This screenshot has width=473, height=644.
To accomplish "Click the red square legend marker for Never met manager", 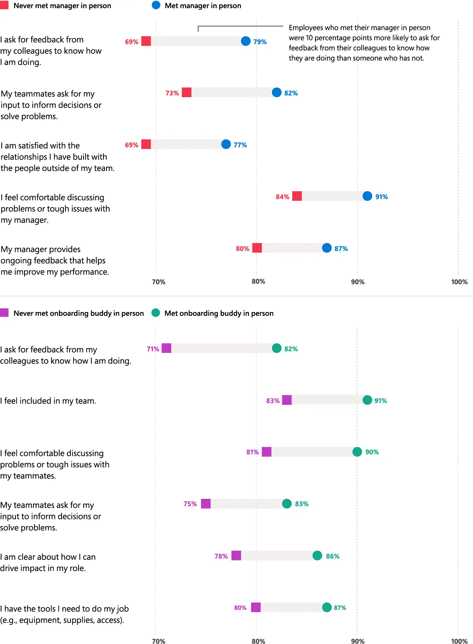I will pos(4,5).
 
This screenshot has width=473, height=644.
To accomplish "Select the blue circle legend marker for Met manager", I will pos(156,5).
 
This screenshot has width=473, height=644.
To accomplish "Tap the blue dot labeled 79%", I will pos(246,41).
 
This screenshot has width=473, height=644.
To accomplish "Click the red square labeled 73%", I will pos(187,92).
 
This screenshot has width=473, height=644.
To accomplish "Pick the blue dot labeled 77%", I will pos(226,144).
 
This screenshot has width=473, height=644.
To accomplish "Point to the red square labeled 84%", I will pos(297,196).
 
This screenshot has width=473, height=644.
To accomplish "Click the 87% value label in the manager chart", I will pos(341,249).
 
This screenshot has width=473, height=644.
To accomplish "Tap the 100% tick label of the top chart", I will pos(459,282).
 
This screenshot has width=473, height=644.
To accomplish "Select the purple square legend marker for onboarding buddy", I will pos(4,313).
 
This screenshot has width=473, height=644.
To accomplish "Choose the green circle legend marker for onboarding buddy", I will pos(156,313).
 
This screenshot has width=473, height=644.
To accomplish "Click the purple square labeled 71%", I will pos(166,348).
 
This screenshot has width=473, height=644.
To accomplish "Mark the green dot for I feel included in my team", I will pos(367,400).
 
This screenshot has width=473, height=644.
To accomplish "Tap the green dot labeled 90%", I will pos(357,452).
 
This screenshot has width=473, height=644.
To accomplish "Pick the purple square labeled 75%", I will pos(206,504).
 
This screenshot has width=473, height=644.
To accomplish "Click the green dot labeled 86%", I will pos(317,555).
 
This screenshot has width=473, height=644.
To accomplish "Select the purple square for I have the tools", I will pos(256,607).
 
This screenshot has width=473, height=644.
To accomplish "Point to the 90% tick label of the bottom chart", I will pos(358,641).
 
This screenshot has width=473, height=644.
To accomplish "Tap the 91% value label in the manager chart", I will pos(382,197).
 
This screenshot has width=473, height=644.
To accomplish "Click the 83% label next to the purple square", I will pos(273,401).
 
